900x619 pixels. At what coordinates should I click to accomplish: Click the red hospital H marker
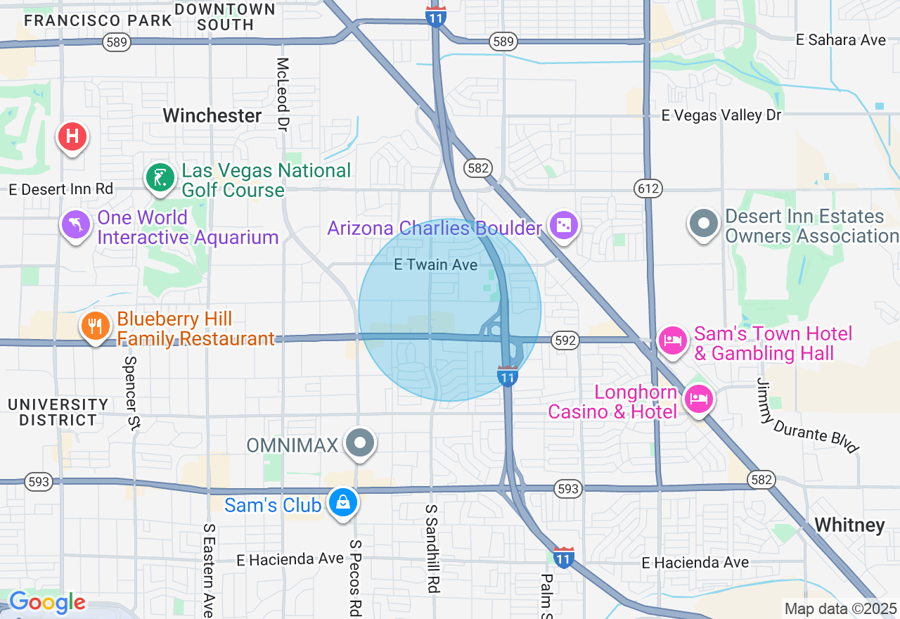pyautogui.click(x=72, y=136)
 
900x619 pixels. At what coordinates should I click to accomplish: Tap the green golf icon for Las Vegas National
pyautogui.click(x=160, y=179)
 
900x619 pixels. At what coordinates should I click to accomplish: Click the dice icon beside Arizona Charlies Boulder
pyautogui.click(x=564, y=226)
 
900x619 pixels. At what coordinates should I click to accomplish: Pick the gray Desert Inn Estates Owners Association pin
pyautogui.click(x=704, y=224)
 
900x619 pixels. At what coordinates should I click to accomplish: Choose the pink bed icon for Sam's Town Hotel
pyautogui.click(x=673, y=341)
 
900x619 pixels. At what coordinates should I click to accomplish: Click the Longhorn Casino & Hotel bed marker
pyautogui.click(x=699, y=400)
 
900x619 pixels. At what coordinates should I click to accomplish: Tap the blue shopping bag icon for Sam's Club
pyautogui.click(x=342, y=503)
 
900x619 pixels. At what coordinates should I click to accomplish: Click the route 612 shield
pyautogui.click(x=647, y=188)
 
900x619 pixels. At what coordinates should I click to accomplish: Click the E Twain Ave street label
pyautogui.click(x=435, y=265)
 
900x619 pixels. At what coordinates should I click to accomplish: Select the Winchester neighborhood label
pyautogui.click(x=212, y=115)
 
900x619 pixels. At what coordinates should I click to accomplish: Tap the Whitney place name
pyautogui.click(x=849, y=525)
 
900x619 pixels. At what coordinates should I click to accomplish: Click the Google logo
pyautogui.click(x=47, y=603)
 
